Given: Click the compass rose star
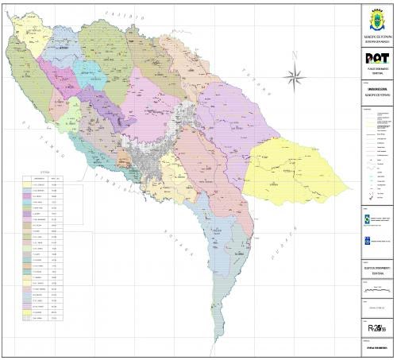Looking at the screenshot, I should coord(296,76).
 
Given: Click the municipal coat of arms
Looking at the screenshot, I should coord(375,17).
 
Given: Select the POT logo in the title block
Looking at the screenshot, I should coord(375,59).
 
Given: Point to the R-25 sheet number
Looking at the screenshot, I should coord(376,328).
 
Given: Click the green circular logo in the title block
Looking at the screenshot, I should coord(365,218).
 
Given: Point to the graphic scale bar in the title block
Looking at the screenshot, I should coord(375,292).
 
